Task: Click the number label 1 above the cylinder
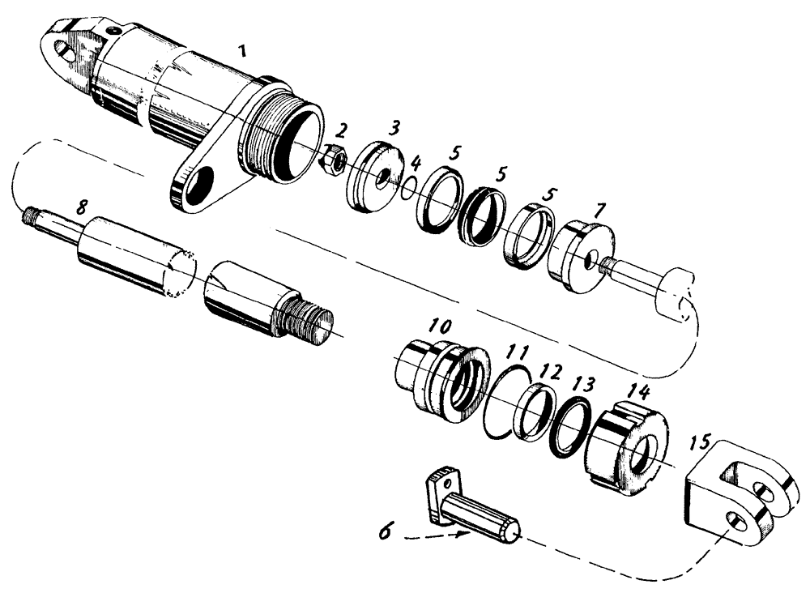(x=241, y=50)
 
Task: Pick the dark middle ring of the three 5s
(x=480, y=215)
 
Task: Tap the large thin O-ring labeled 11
(x=505, y=401)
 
